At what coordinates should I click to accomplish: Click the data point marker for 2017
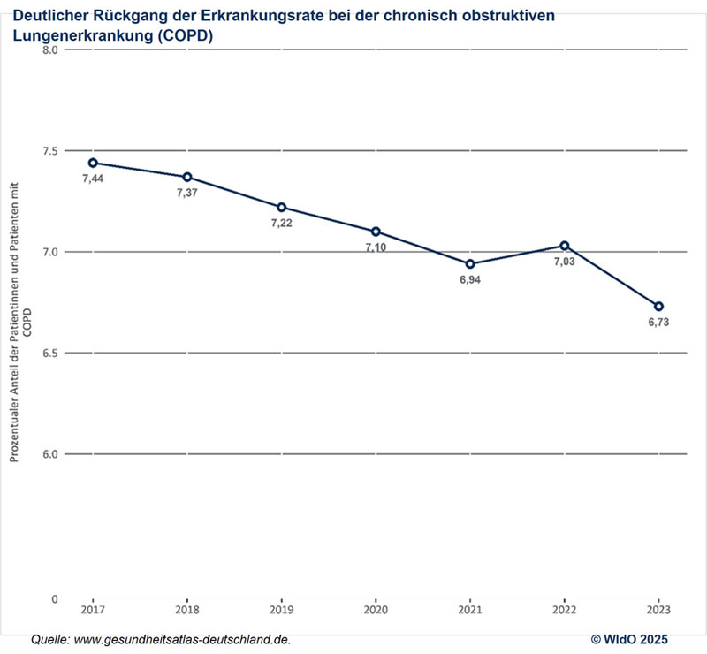point(93,163)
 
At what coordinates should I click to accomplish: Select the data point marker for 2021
point(470,264)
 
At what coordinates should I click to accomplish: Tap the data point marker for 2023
point(658,306)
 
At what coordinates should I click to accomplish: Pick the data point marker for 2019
point(282,207)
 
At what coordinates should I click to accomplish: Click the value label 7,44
point(93,179)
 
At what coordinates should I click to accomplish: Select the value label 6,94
point(470,281)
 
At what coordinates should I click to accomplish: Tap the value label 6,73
point(658,323)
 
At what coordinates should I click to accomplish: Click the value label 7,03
point(564,262)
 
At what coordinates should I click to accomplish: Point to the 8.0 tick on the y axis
point(50,50)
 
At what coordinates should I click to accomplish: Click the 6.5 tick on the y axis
point(50,354)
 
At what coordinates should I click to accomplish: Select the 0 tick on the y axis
point(55,598)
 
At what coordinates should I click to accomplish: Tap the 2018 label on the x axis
point(187,611)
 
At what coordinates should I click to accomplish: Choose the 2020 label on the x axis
point(376,611)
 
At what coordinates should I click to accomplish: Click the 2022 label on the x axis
point(564,611)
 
